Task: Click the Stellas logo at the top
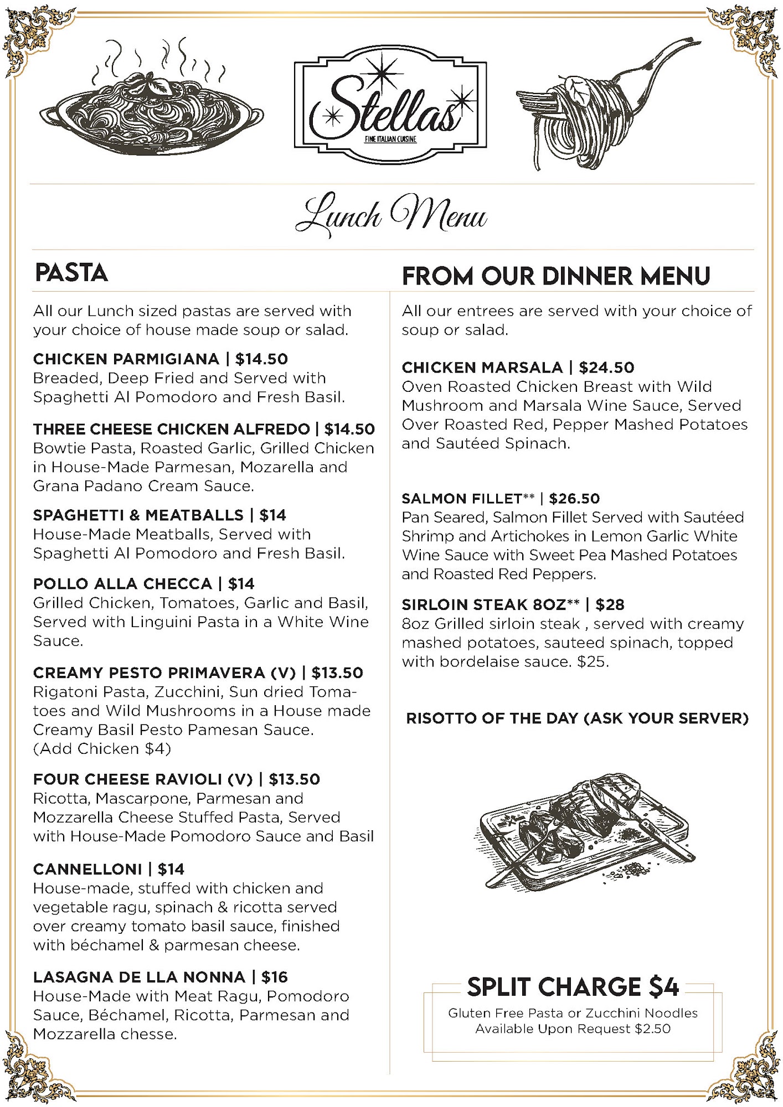390,105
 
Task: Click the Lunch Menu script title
391,216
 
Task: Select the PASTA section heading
71,273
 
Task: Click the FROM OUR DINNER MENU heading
556,276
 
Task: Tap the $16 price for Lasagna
275,977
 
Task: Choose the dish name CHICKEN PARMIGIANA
126,359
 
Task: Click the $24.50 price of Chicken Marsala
607,368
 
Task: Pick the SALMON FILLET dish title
462,499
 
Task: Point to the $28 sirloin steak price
610,604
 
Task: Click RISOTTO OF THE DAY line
577,718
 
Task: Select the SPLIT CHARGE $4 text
573,986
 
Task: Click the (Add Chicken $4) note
102,749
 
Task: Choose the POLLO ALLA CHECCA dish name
122,584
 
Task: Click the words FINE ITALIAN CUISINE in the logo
390,139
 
